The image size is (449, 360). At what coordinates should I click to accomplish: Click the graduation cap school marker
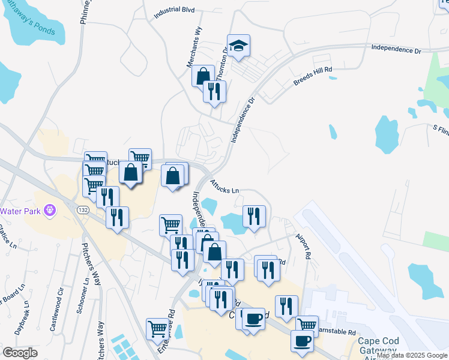(x=238, y=46)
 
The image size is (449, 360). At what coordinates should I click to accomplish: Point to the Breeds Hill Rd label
(x=313, y=77)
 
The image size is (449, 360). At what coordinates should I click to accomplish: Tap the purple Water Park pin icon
(x=50, y=211)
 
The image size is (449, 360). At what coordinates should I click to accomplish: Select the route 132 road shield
(x=83, y=209)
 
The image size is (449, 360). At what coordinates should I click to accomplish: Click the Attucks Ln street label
(x=224, y=186)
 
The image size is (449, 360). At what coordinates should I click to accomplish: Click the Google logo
(x=20, y=353)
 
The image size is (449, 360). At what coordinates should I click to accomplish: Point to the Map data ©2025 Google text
(x=412, y=356)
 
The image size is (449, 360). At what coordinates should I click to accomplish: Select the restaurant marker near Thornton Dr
(x=214, y=91)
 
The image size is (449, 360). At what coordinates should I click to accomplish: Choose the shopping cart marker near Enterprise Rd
(x=158, y=328)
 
